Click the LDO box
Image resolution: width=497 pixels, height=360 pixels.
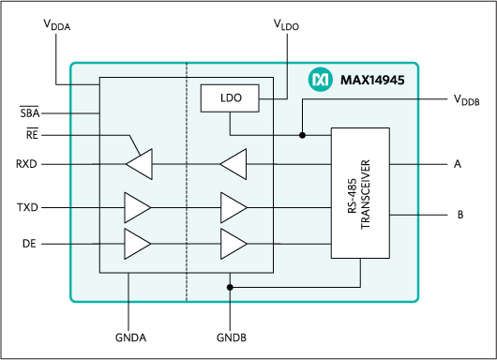[231, 98]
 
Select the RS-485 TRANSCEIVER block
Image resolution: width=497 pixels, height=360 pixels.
[360, 193]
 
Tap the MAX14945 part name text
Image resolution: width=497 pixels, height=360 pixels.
[371, 82]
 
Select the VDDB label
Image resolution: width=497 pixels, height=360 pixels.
[466, 99]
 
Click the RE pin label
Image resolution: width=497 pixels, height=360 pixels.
[32, 135]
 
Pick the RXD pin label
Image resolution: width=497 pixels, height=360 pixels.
[28, 164]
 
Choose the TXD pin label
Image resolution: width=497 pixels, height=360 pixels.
[28, 206]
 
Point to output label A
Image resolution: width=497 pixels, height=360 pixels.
[458, 164]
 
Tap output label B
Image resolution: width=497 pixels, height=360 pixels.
[460, 215]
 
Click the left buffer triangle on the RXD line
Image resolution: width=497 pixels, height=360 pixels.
[139, 164]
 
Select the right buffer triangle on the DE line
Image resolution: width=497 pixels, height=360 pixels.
[233, 243]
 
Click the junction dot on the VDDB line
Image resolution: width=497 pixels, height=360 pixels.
[302, 135]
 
